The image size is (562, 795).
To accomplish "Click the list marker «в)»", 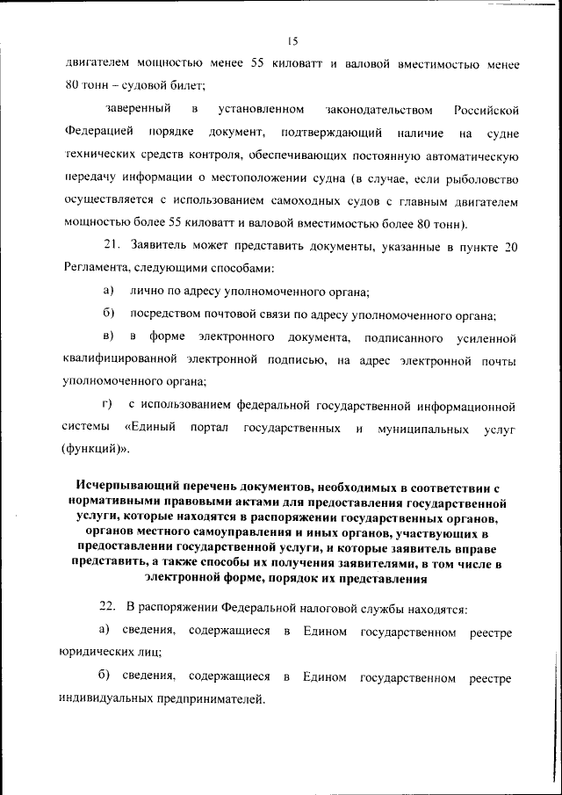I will (x=109, y=337).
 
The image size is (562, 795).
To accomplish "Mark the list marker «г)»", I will (x=109, y=405).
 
